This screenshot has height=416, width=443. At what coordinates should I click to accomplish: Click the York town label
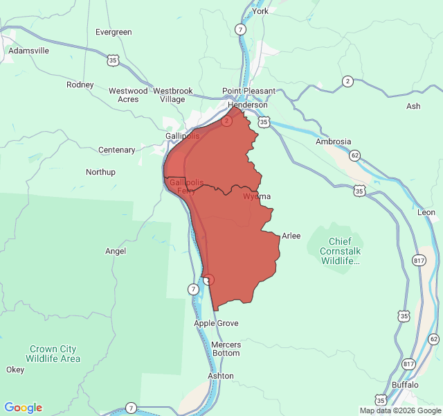tap(260, 11)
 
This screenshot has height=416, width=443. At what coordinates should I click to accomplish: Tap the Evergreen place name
tap(114, 32)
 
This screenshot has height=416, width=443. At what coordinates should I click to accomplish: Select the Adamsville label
tap(28, 51)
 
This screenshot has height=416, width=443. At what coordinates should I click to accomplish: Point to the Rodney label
tap(80, 85)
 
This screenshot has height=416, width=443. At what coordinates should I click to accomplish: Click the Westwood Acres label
tap(128, 95)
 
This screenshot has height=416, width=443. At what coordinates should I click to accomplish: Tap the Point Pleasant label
tap(248, 91)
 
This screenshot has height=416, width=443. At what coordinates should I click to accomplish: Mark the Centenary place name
tap(117, 150)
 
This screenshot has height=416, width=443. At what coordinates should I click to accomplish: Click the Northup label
tap(100, 172)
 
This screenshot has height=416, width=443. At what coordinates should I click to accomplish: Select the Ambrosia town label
tap(334, 141)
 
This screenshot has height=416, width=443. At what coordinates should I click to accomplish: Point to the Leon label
tap(426, 212)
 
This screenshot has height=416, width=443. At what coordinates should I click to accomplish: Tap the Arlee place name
tap(291, 236)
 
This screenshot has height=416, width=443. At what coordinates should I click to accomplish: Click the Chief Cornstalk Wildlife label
tap(340, 251)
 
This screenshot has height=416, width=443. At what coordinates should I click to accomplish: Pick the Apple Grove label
tap(216, 323)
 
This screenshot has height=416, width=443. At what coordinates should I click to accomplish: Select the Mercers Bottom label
tap(226, 349)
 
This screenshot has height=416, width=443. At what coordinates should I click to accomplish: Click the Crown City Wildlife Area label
tap(53, 354)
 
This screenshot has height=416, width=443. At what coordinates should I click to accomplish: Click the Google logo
tap(24, 408)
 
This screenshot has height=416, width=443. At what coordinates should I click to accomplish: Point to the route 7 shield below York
tap(239, 30)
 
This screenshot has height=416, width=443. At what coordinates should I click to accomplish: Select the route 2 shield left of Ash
tap(347, 82)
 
